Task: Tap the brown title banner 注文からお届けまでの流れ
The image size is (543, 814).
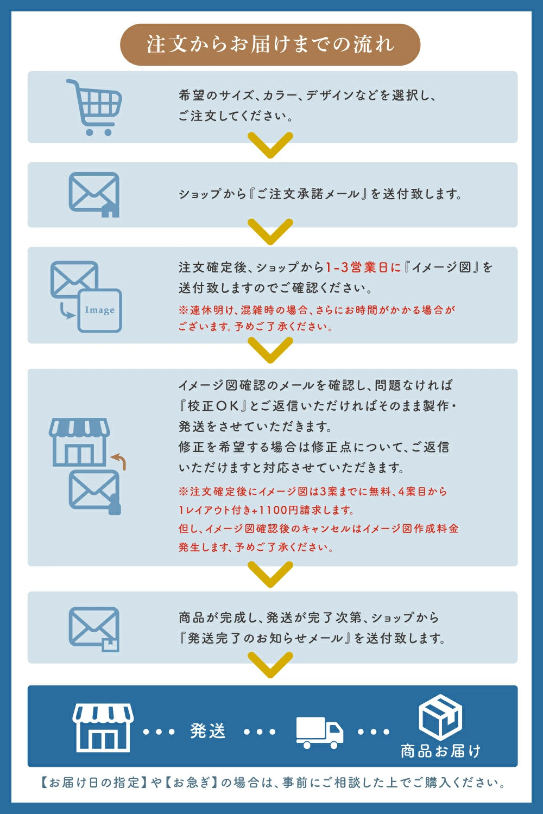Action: [270, 44]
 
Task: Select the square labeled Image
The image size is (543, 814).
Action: [100, 310]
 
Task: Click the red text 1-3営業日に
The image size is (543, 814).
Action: [363, 268]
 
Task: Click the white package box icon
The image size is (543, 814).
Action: [440, 717]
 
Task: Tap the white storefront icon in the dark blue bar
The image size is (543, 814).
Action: [103, 728]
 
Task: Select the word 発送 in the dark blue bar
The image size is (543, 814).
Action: [208, 731]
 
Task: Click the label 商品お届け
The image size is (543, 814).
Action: [440, 751]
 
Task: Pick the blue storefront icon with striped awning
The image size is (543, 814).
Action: [79, 442]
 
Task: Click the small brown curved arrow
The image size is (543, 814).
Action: [119, 461]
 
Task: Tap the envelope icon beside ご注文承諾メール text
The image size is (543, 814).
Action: [94, 194]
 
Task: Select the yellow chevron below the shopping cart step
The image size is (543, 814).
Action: [270, 145]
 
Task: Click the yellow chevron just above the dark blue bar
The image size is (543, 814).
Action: [270, 665]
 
